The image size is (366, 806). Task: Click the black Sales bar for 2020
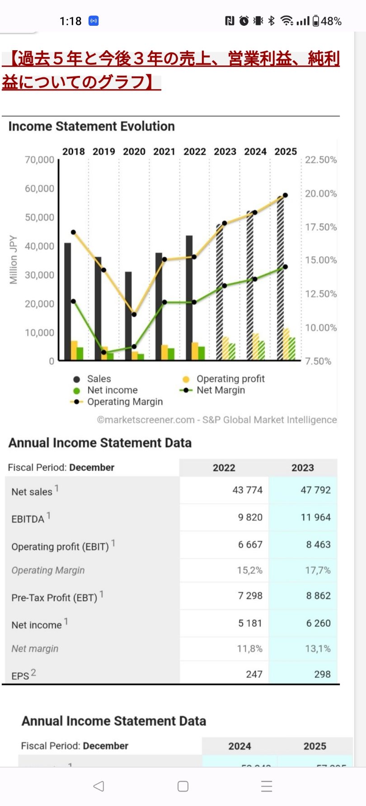pyautogui.click(x=128, y=317)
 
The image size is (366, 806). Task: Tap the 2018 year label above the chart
pyautogui.click(x=73, y=152)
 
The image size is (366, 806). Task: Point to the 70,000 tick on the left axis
pyautogui.click(x=39, y=160)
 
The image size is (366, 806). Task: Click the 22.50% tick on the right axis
pyautogui.click(x=321, y=160)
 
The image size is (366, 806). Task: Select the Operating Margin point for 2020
pyautogui.click(x=134, y=314)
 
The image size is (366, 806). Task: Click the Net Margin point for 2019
pyautogui.click(x=104, y=352)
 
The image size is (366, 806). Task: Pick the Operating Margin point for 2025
pyautogui.click(x=285, y=195)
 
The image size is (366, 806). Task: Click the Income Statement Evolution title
pyautogui.click(x=91, y=126)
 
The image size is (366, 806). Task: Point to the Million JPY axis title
pyautogui.click(x=14, y=260)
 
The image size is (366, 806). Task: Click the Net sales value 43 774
pyautogui.click(x=247, y=490)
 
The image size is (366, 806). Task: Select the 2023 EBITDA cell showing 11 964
pyautogui.click(x=315, y=517)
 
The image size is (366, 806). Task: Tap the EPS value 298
pyautogui.click(x=322, y=674)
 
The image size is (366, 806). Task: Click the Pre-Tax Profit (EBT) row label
pyautogui.click(x=54, y=597)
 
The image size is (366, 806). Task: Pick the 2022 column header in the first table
pyautogui.click(x=224, y=468)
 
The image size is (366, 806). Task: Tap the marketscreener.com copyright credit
pyautogui.click(x=217, y=420)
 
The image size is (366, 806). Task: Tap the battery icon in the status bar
pyautogui.click(x=316, y=21)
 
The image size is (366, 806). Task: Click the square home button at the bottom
pyautogui.click(x=183, y=786)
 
